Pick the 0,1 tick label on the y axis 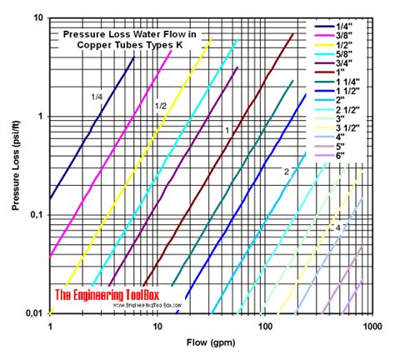click(x=37, y=215)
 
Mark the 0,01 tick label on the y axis click(x=34, y=312)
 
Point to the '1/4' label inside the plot click(x=98, y=97)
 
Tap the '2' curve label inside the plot click(x=286, y=171)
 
